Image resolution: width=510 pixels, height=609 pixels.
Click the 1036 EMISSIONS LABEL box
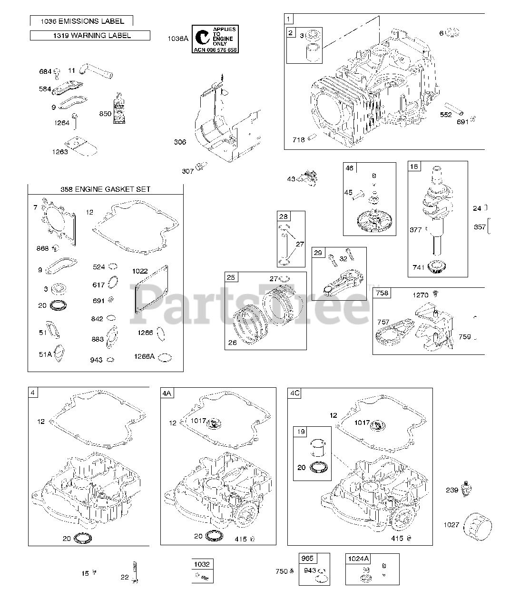[81, 21]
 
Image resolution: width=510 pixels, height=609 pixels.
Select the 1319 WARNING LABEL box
[90, 35]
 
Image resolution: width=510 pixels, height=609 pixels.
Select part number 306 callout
[180, 142]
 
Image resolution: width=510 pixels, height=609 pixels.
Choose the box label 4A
[167, 393]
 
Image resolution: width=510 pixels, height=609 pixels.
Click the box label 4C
[294, 393]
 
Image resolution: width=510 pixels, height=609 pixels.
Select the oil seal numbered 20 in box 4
[84, 539]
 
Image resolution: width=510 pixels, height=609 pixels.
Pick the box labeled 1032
[202, 564]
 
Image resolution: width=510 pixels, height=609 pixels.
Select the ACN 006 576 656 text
[215, 49]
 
